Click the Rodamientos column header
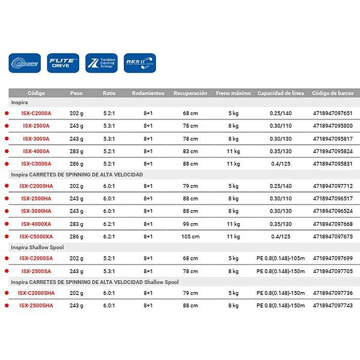148,94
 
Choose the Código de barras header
333,94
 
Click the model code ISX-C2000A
37,113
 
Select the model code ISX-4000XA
37,224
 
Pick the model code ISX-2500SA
37,271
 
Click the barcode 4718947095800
333,125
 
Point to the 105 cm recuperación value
190,236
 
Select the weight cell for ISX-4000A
76,151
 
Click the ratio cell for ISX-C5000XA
109,236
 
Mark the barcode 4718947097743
333,305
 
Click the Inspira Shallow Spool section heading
37,247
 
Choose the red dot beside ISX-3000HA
6,211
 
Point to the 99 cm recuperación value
190,224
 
